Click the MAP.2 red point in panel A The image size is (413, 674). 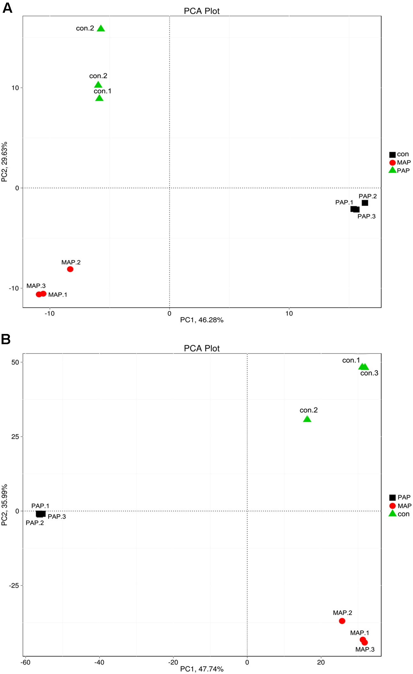point(70,269)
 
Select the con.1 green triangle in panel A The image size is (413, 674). point(99,98)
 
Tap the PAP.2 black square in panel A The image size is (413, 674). point(365,203)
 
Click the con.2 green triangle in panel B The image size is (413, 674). point(307,419)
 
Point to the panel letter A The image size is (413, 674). point(7,8)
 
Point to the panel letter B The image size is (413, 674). point(6,339)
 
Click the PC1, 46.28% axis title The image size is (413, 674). point(202,320)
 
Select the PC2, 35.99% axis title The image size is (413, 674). point(4,505)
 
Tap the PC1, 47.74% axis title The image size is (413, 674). point(202,669)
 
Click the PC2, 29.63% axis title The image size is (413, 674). point(4,162)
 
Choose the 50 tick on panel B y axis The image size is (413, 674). point(15,362)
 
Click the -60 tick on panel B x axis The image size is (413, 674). point(25,662)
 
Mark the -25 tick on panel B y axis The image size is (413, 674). point(14,586)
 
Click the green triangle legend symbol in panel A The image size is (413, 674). point(392,170)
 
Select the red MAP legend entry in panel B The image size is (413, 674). point(400,506)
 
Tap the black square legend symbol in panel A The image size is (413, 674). point(392,155)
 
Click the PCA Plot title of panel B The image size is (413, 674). point(202,348)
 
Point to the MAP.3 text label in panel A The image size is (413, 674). point(36,286)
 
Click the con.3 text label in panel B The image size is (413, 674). point(369,373)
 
